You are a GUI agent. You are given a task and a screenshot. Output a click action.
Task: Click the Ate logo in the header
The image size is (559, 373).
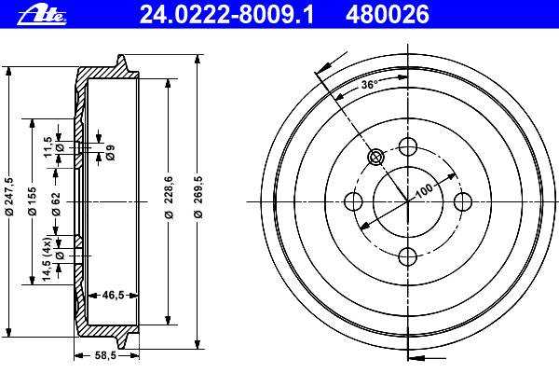click(x=42, y=16)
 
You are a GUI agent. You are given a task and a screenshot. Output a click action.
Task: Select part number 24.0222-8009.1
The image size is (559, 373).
click(x=226, y=15)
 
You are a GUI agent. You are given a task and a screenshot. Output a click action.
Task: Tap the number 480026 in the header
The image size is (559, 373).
click(x=388, y=15)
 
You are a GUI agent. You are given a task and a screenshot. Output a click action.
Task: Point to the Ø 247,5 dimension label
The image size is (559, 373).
click(x=9, y=197)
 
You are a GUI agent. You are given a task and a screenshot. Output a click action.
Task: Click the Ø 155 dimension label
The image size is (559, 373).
click(x=32, y=201)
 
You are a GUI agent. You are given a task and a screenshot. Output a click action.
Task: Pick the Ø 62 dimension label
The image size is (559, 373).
click(x=56, y=204)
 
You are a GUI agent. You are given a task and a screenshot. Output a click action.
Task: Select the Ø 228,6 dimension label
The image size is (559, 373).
click(x=169, y=198)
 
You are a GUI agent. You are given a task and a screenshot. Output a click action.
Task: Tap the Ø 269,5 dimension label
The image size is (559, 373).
click(x=198, y=197)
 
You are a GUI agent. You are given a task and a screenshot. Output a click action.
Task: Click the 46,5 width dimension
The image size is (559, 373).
click(x=113, y=295)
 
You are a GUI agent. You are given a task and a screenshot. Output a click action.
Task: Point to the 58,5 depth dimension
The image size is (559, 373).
click(x=106, y=355)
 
